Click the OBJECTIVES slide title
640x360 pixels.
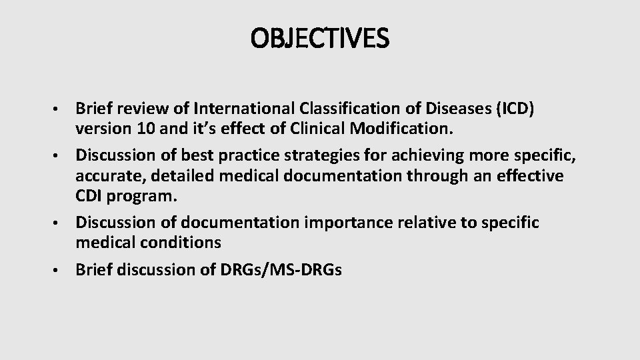pyautogui.click(x=319, y=38)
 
